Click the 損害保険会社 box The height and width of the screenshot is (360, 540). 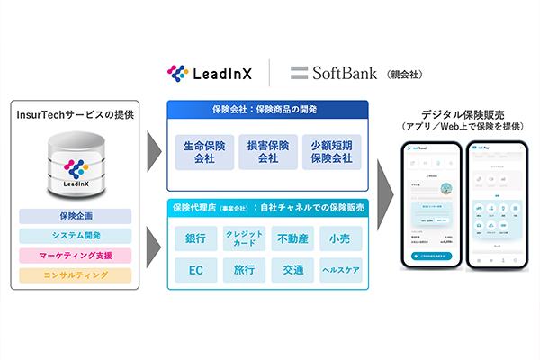pyautogui.click(x=267, y=152)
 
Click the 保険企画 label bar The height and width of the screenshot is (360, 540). pyautogui.click(x=75, y=216)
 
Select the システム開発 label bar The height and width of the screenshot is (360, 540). pyautogui.click(x=75, y=236)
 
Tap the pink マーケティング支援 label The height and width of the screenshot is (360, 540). pyautogui.click(x=75, y=256)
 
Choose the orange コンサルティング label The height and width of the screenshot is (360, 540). pyautogui.click(x=75, y=275)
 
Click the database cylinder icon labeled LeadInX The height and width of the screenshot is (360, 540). pyautogui.click(x=75, y=165)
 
